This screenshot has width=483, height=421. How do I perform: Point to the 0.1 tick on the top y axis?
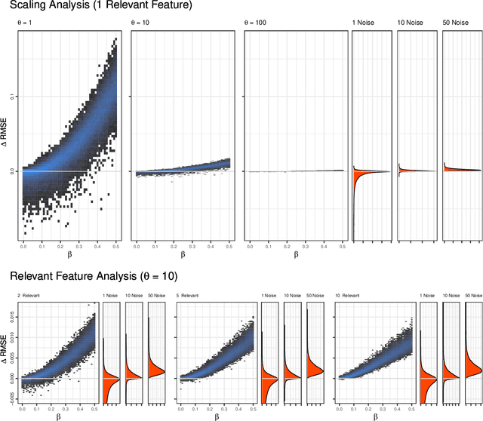[x=11, y=97]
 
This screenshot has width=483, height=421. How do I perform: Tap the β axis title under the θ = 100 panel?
[x=295, y=254]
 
